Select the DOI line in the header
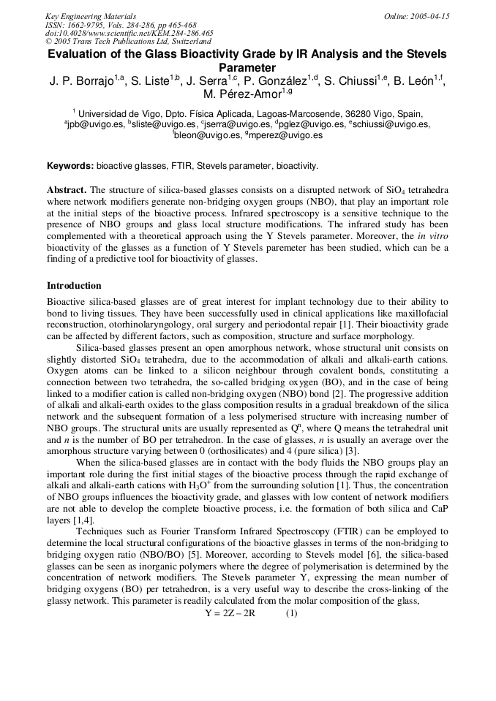[129, 33]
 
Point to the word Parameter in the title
[247, 67]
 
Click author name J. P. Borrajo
[79, 80]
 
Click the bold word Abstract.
[67, 189]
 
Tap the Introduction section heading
[74, 286]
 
